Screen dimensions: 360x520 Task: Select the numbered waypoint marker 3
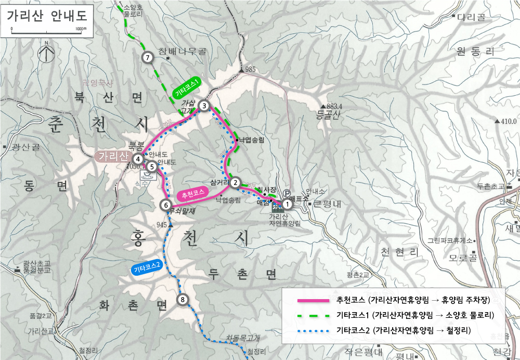[204, 106]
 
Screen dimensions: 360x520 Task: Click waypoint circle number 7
[148, 58]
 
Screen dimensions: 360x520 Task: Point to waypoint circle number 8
[181, 299]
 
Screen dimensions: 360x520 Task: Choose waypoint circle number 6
[166, 205]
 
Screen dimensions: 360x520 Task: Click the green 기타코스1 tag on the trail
[187, 87]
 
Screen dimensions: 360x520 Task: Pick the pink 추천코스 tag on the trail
[193, 195]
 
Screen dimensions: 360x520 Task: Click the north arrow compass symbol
[46, 52]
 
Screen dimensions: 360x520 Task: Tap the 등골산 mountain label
[328, 116]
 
